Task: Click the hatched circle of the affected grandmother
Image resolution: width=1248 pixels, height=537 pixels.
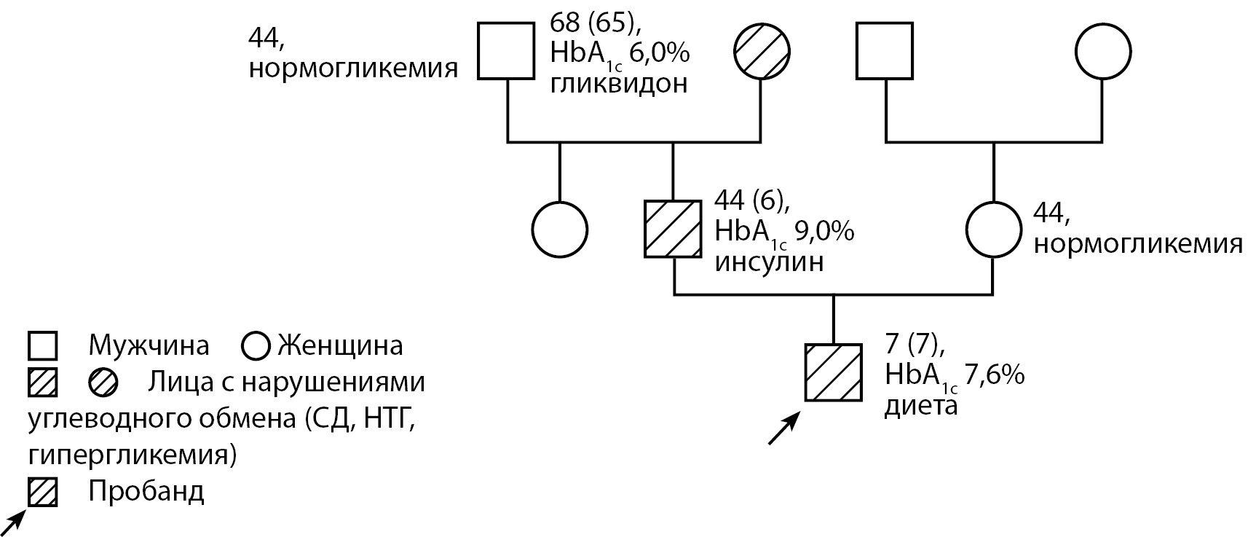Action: point(761,51)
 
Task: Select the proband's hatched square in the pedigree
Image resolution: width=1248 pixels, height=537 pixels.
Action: point(833,372)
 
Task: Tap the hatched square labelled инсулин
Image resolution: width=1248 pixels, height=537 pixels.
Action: point(673,229)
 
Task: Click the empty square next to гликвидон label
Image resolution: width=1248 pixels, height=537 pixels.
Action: point(506,51)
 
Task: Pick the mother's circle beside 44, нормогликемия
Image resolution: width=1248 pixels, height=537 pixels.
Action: point(994,229)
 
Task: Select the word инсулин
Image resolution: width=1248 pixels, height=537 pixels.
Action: point(769,262)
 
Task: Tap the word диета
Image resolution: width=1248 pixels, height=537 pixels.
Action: point(920,406)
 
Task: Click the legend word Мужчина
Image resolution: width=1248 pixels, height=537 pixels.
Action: point(149,345)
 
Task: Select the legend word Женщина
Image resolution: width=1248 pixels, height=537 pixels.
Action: point(340,345)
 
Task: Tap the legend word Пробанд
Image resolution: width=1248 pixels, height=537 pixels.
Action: point(146,492)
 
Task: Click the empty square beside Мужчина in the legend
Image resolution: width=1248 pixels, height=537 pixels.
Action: point(43,345)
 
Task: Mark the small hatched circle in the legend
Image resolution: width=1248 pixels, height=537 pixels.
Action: point(103,383)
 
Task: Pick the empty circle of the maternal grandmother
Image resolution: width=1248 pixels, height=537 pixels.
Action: point(1103,51)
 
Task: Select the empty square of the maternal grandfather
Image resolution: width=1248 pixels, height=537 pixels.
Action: point(885,51)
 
